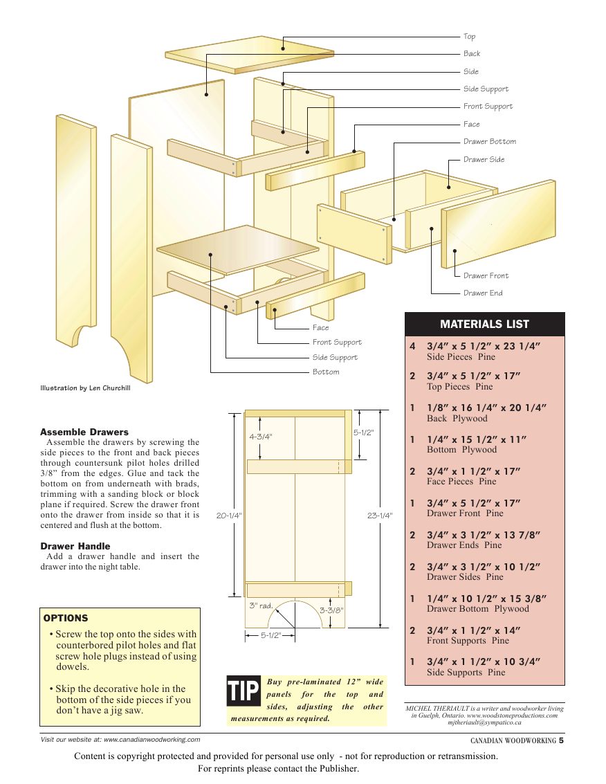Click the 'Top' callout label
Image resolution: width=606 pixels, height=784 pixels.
tap(469, 37)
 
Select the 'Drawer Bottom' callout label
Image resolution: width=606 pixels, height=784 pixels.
tap(489, 142)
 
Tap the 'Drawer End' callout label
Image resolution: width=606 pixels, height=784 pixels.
tap(483, 293)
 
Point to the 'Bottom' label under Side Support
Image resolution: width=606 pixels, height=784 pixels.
tap(326, 372)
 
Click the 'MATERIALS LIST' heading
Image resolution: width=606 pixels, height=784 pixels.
tap(484, 325)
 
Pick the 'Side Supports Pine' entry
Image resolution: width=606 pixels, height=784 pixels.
tap(466, 672)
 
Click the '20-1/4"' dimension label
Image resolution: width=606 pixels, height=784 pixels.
tap(228, 516)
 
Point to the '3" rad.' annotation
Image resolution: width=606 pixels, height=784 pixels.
tap(261, 605)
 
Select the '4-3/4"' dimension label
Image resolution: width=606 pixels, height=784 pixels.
tap(261, 437)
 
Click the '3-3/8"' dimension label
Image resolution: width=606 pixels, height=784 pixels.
tap(331, 610)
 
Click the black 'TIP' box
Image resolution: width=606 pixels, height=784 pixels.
tap(244, 691)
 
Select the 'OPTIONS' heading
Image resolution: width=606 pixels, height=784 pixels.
tap(66, 619)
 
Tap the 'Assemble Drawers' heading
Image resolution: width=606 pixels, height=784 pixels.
tap(84, 432)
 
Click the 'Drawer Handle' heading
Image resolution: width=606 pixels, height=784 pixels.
tap(75, 546)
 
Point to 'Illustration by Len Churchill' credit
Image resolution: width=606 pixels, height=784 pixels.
tap(85, 388)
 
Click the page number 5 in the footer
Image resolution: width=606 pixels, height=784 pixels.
tap(562, 740)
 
